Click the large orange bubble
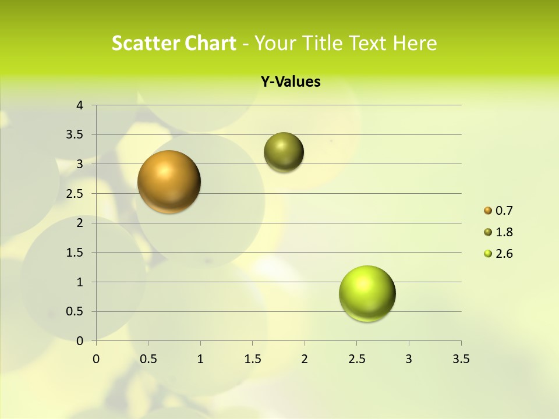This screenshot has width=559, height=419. [x=169, y=182]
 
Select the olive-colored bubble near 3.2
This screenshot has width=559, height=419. [x=284, y=152]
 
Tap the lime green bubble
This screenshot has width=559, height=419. [x=367, y=293]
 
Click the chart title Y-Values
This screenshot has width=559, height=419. [x=291, y=82]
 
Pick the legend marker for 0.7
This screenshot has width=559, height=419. [x=488, y=211]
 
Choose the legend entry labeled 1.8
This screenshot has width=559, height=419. [x=504, y=232]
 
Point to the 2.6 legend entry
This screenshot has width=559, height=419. [x=504, y=254]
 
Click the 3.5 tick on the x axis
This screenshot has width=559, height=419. [x=461, y=359]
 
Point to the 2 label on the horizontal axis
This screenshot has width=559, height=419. [x=305, y=359]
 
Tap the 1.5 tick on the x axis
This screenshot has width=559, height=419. [x=252, y=359]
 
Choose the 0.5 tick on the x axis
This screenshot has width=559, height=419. [x=148, y=359]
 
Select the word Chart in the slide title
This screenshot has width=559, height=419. [x=210, y=43]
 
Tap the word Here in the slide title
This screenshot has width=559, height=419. [x=415, y=43]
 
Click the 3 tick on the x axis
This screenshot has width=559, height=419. [x=409, y=359]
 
